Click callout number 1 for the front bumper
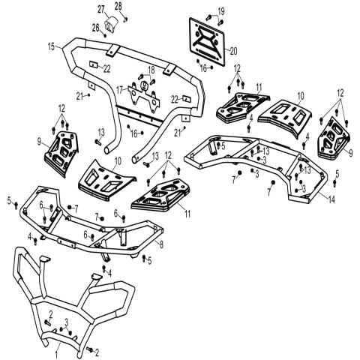(x=57, y=354)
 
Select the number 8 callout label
(x=161, y=244)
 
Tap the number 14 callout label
(x=331, y=199)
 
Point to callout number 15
(x=51, y=46)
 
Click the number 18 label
(x=151, y=70)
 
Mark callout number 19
(x=221, y=11)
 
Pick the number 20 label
(x=233, y=51)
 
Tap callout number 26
(x=96, y=28)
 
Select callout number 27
(x=101, y=10)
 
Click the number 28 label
(x=118, y=7)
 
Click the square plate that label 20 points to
(x=207, y=41)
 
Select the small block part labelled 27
(x=111, y=24)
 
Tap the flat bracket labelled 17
(x=143, y=97)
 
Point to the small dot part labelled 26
(x=105, y=36)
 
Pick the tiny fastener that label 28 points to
(x=126, y=19)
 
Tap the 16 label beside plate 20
(x=203, y=67)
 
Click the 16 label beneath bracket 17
(x=134, y=133)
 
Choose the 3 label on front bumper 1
(x=67, y=322)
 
